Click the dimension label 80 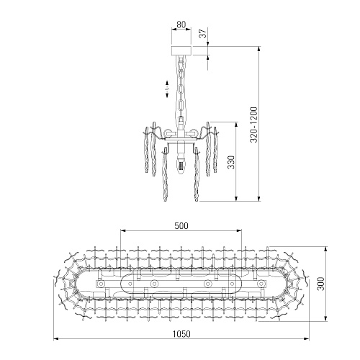tap(181, 24)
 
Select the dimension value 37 tap(203, 33)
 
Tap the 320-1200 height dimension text tap(253, 125)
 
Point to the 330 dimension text tap(231, 162)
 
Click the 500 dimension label tap(181, 226)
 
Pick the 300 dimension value tap(320, 284)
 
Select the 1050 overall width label tap(181, 334)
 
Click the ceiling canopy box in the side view tap(181, 50)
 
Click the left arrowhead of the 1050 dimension tap(55, 339)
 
